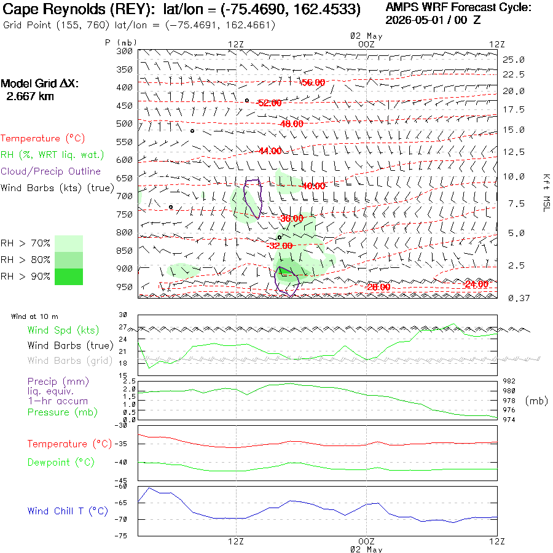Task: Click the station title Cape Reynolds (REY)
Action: pyautogui.click(x=79, y=9)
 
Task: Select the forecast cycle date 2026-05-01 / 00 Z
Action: pyautogui.click(x=433, y=20)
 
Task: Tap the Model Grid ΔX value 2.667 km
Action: pyautogui.click(x=30, y=96)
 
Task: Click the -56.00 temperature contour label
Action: pyautogui.click(x=313, y=82)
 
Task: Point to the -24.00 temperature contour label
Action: pyautogui.click(x=476, y=284)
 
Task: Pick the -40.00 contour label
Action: pyautogui.click(x=313, y=186)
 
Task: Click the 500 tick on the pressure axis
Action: pyautogui.click(x=124, y=124)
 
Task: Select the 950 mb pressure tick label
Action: pyautogui.click(x=124, y=287)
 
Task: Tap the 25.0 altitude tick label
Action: pyautogui.click(x=514, y=60)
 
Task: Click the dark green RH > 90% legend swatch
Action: pyautogui.click(x=69, y=276)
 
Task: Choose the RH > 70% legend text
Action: pyautogui.click(x=25, y=243)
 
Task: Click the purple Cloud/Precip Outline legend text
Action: pyautogui.click(x=50, y=171)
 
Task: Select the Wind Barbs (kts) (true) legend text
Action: pyautogui.click(x=57, y=187)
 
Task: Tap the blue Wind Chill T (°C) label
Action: pyautogui.click(x=68, y=511)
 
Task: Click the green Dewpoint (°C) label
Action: pyautogui.click(x=61, y=462)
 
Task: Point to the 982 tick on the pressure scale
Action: pyautogui.click(x=509, y=381)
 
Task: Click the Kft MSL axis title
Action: pyautogui.click(x=546, y=193)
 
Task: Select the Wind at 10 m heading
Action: pyautogui.click(x=34, y=316)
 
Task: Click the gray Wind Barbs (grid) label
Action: pyautogui.click(x=70, y=361)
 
